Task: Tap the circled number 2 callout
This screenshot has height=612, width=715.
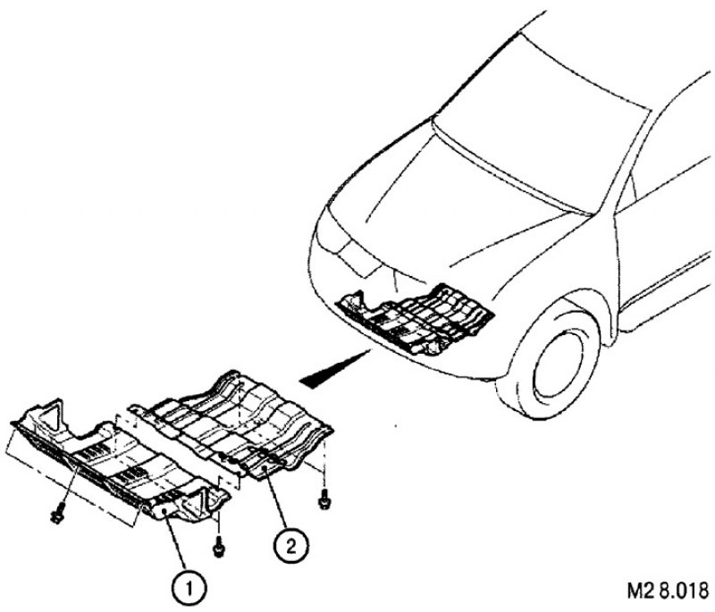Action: [291, 545]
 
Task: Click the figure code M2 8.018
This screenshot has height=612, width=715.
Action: [668, 591]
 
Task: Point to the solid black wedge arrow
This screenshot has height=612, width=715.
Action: [332, 369]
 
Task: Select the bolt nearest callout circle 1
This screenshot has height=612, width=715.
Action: [219, 549]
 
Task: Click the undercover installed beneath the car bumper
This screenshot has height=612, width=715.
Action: [415, 319]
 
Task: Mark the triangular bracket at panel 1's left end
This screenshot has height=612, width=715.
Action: [51, 414]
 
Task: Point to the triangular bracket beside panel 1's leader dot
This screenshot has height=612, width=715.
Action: [195, 500]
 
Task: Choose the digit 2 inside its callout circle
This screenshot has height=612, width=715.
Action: [291, 546]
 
